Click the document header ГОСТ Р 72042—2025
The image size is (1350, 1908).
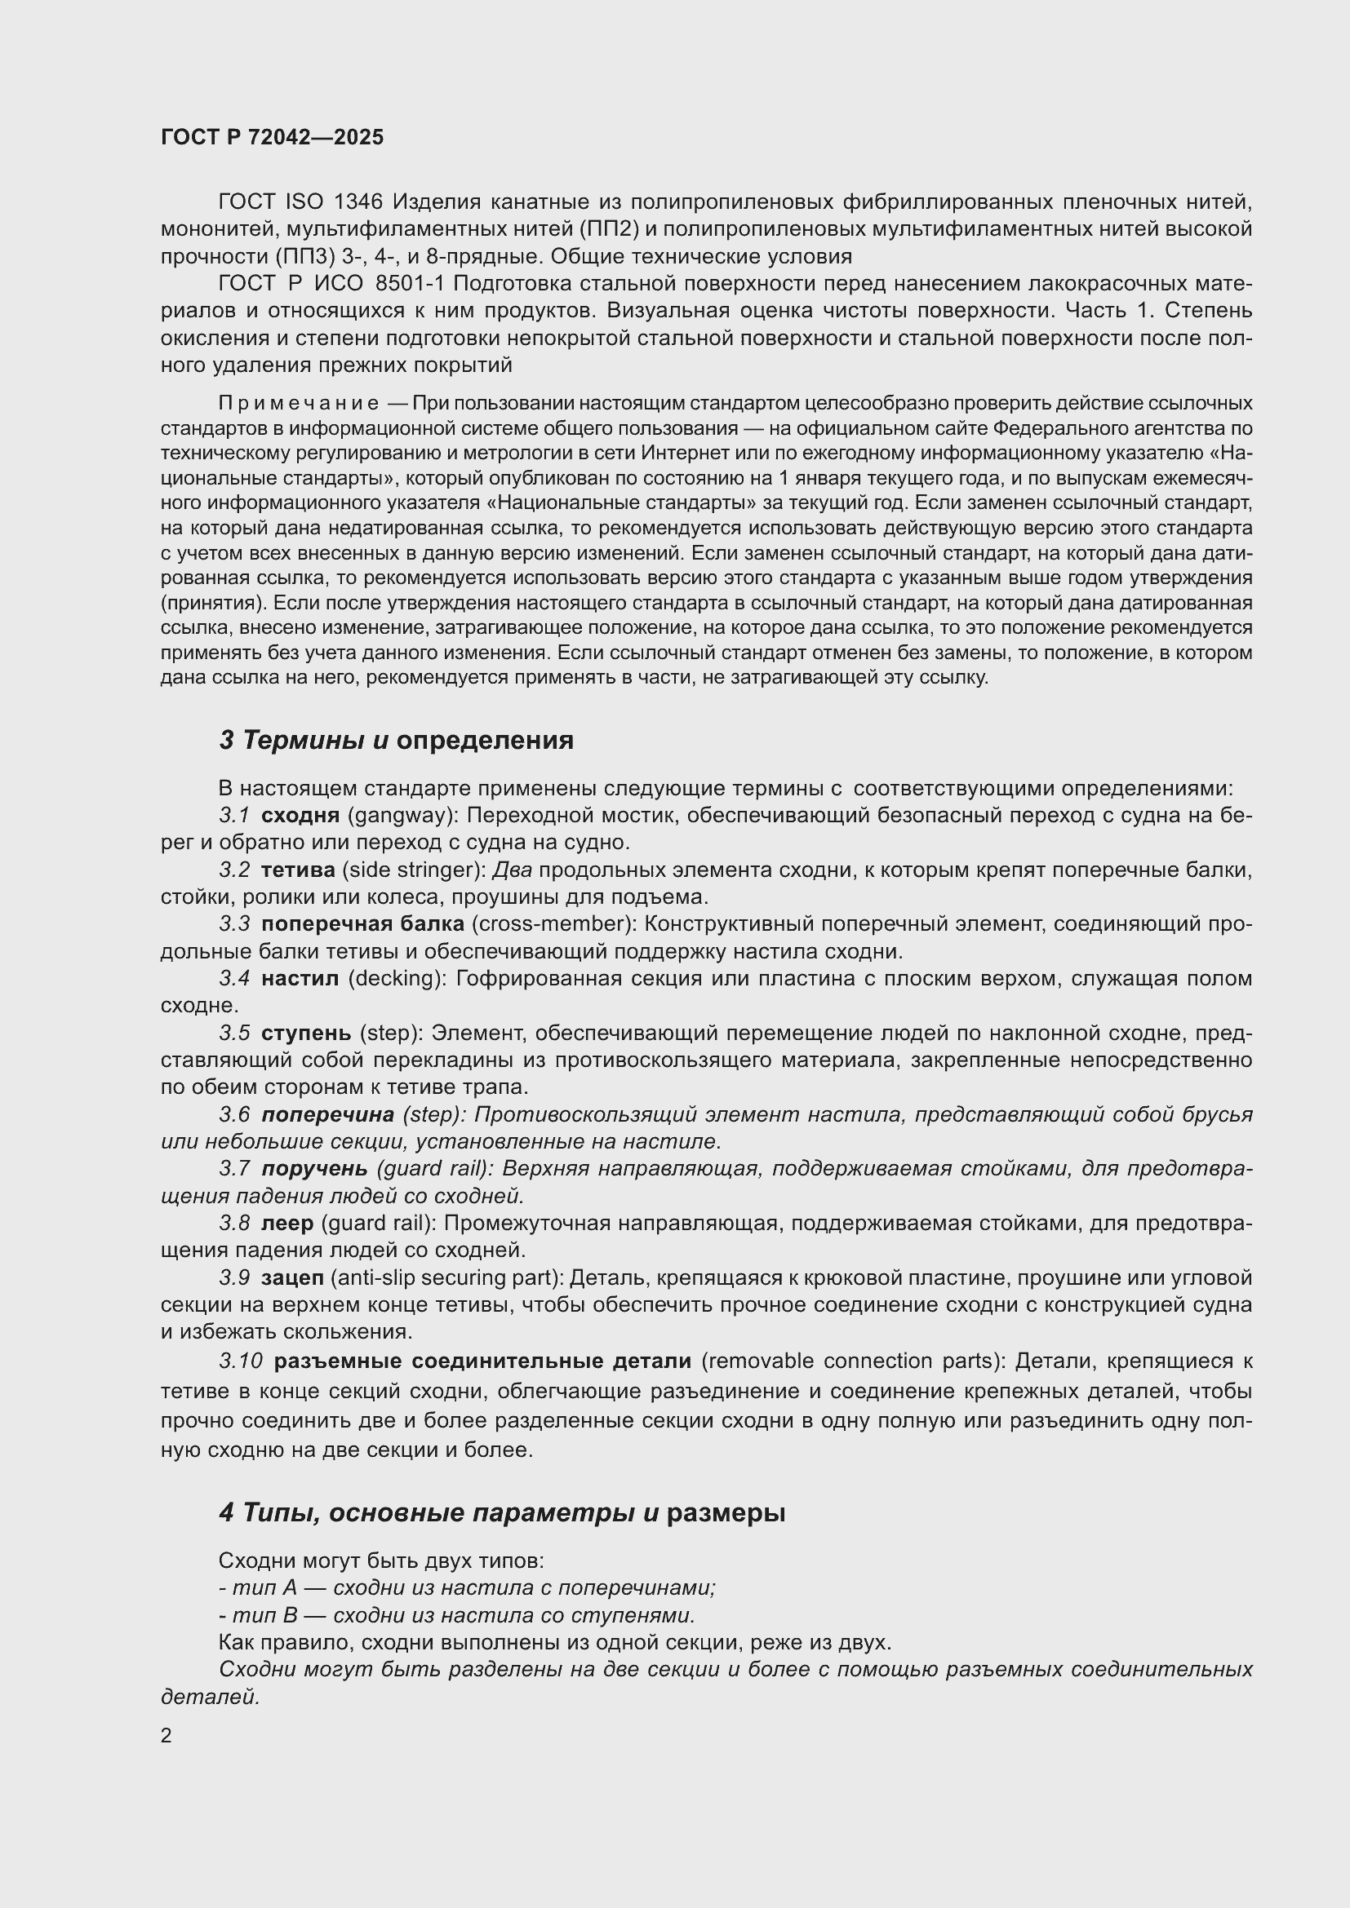pyautogui.click(x=272, y=137)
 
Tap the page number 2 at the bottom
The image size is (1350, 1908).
pyautogui.click(x=167, y=1735)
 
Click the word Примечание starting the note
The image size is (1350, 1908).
pyautogui.click(x=299, y=404)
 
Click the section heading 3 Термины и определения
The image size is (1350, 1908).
pyautogui.click(x=396, y=740)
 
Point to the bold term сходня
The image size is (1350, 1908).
pyautogui.click(x=300, y=815)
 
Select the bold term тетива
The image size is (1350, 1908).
pyautogui.click(x=298, y=870)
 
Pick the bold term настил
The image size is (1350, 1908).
pyautogui.click(x=300, y=979)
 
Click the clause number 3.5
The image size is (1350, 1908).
pyautogui.click(x=234, y=1033)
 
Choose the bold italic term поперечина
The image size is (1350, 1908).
pyautogui.click(x=327, y=1114)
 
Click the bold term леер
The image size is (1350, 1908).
pyautogui.click(x=286, y=1224)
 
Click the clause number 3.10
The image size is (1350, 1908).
pyautogui.click(x=241, y=1361)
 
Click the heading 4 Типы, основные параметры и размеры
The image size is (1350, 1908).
pyautogui.click(x=502, y=1512)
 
